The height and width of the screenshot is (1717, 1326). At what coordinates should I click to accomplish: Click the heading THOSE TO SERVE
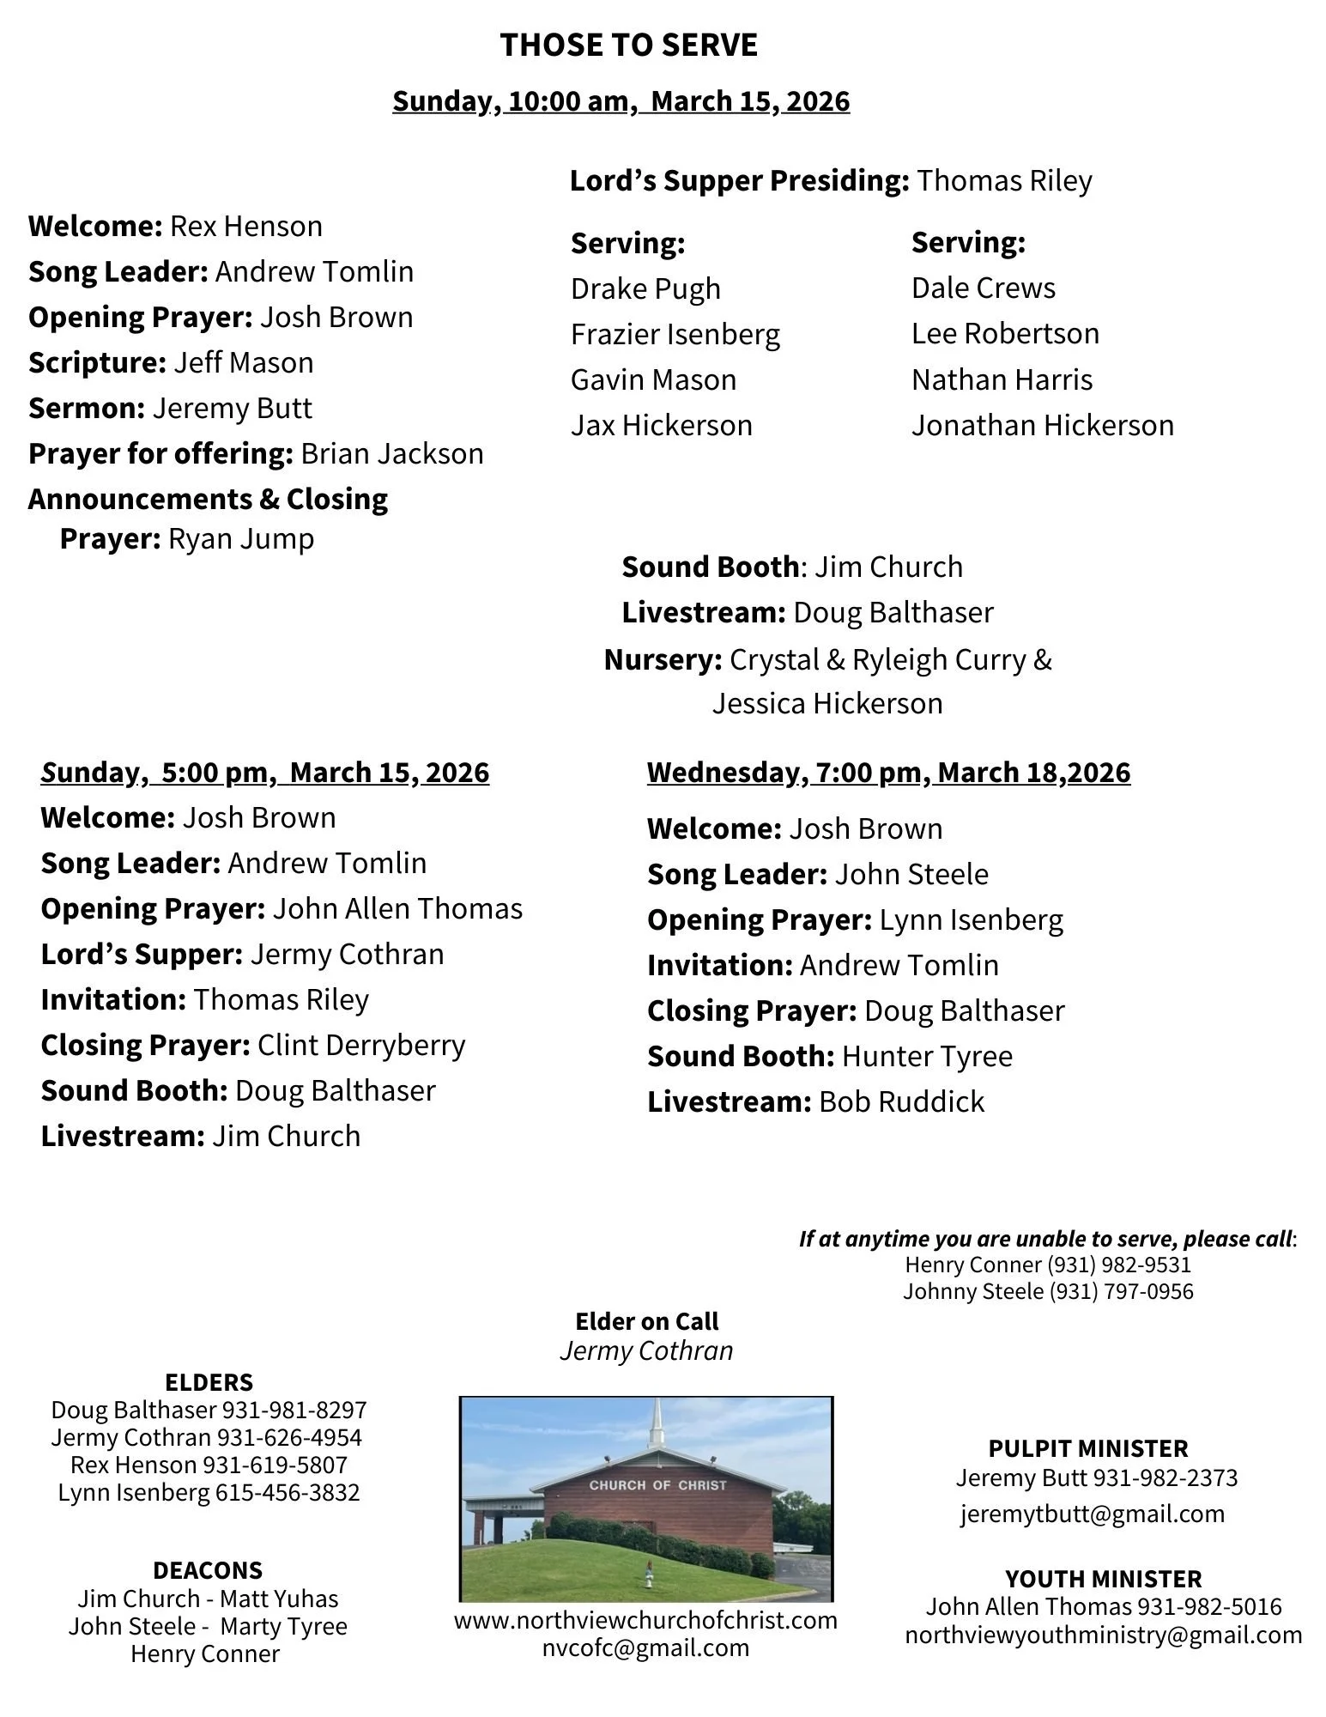628,45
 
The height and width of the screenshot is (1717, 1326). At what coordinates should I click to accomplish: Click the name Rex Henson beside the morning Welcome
245,226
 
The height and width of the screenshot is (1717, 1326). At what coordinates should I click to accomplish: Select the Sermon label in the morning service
86,408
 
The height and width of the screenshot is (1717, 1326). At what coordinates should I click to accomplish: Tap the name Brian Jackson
391,453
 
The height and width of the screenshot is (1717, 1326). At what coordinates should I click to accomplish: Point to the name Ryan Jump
240,538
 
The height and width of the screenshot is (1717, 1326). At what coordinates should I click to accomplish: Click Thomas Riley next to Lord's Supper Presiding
1003,181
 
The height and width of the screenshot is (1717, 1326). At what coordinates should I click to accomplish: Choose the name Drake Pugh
645,288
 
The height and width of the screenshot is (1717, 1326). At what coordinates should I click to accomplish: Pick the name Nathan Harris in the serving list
1001,379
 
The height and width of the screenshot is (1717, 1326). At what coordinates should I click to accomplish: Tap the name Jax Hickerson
661,425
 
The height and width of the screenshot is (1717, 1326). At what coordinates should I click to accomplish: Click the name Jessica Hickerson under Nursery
826,703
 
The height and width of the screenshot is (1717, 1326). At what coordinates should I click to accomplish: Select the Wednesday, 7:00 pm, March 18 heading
888,772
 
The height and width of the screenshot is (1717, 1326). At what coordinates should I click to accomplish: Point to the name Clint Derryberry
360,1045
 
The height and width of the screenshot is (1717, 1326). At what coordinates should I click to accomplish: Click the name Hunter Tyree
926,1056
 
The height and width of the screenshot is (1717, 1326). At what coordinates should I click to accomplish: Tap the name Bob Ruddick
901,1101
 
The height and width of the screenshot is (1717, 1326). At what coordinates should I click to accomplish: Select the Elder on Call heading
646,1321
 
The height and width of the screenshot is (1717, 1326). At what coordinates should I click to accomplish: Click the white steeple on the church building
657,1427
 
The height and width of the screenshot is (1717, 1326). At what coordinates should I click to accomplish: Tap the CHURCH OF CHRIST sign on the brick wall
657,1484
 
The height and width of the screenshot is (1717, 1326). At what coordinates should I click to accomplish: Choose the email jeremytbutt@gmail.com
1092,1514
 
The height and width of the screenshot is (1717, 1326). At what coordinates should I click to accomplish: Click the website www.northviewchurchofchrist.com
645,1620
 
